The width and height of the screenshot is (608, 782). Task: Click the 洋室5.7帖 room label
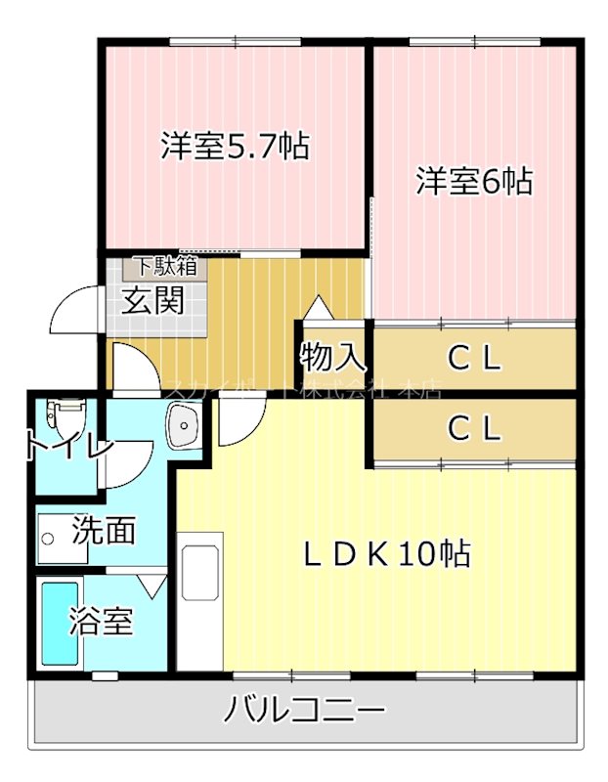(235, 147)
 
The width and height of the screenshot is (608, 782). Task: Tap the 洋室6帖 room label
(474, 182)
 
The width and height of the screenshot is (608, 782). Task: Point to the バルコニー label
(303, 709)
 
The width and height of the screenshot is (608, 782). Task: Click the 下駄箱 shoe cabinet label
(164, 264)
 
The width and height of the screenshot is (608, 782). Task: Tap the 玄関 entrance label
(152, 299)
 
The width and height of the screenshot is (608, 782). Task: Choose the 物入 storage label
(332, 357)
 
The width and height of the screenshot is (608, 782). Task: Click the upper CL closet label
(474, 359)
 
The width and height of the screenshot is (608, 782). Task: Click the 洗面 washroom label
(104, 532)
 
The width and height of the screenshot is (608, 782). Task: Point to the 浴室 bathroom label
(101, 622)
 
